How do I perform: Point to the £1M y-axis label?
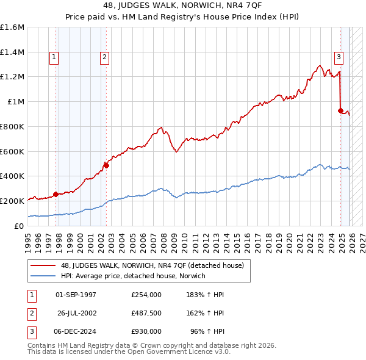tap(15, 102)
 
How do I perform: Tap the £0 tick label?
tap(20, 226)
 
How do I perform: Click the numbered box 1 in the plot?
tap(54, 57)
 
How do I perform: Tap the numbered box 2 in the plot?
tap(105, 57)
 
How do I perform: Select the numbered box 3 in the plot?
tap(339, 57)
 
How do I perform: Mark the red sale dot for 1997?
tap(56, 194)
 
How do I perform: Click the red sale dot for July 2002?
tap(106, 165)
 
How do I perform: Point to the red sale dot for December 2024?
tap(340, 110)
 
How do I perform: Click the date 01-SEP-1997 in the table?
tap(76, 295)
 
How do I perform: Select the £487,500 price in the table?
tap(146, 313)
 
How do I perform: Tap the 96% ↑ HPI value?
tap(207, 331)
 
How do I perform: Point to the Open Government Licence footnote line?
tap(129, 352)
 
